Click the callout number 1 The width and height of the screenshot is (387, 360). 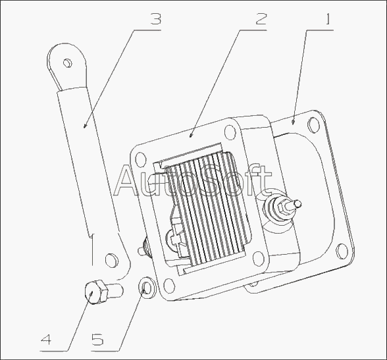click(328, 19)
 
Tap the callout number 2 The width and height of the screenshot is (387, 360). click(261, 19)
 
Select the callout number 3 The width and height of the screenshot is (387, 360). click(155, 19)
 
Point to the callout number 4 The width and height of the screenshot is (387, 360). click(46, 340)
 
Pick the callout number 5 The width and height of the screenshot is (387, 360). click(97, 340)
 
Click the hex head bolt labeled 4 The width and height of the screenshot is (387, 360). click(103, 292)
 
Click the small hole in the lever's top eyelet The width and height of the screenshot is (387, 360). click(67, 63)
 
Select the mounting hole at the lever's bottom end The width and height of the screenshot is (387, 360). click(111, 260)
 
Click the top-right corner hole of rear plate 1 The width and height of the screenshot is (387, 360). click(313, 124)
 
